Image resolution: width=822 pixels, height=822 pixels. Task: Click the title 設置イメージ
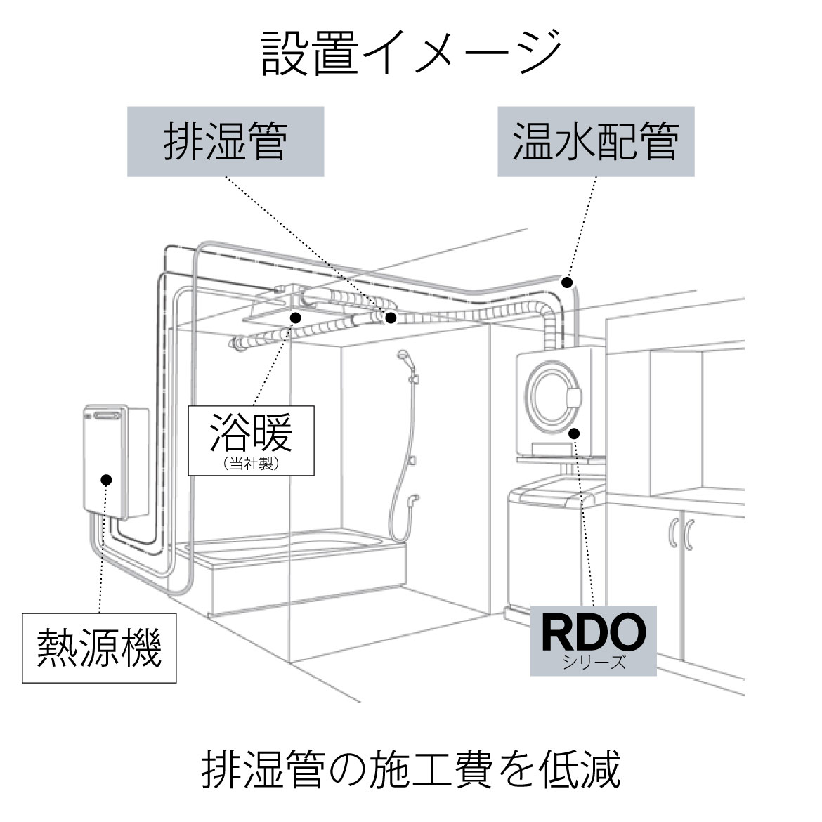[x=411, y=53]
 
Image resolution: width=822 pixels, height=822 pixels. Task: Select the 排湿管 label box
[x=225, y=141]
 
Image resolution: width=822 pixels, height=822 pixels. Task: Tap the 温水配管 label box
[x=596, y=141]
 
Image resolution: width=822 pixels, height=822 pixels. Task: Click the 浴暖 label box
[x=250, y=437]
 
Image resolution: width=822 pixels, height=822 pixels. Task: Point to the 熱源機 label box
[x=99, y=647]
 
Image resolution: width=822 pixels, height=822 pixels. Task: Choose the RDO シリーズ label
[x=593, y=640]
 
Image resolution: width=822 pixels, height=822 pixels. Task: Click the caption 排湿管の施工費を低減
[x=411, y=771]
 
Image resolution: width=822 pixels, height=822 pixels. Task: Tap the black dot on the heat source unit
[x=107, y=481]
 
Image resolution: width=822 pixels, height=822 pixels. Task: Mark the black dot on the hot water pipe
[x=567, y=282]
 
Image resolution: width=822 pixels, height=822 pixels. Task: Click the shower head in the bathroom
[x=405, y=358]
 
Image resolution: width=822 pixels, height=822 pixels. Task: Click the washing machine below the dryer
[x=555, y=534]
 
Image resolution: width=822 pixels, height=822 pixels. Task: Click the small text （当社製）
[x=251, y=464]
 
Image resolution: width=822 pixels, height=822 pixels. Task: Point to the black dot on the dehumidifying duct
[x=391, y=318]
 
